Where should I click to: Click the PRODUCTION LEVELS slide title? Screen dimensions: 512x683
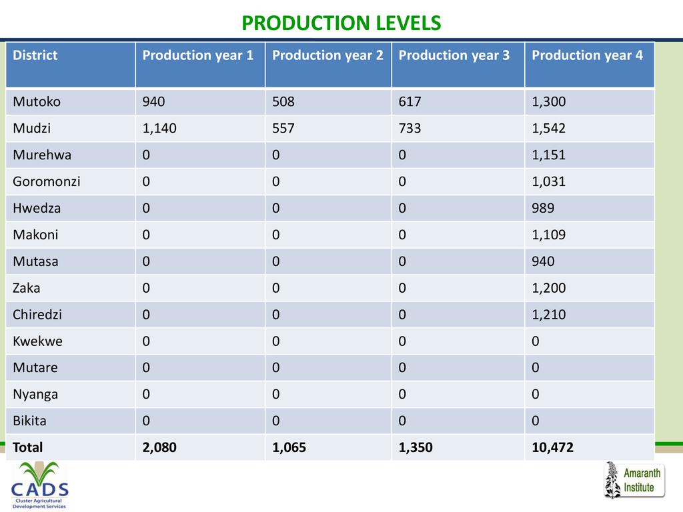[x=341, y=23]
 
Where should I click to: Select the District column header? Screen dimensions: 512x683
[x=35, y=55]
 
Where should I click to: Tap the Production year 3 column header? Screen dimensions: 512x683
[x=454, y=55]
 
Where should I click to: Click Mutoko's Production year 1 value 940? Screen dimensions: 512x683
[x=153, y=102]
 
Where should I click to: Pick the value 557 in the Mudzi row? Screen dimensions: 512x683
[x=283, y=129]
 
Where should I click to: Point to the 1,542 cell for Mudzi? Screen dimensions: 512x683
[x=548, y=129]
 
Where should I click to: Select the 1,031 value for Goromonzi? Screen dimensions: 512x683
[x=548, y=181]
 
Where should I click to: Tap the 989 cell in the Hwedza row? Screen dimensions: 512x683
[x=543, y=208]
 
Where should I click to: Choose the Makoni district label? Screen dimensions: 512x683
[x=35, y=235]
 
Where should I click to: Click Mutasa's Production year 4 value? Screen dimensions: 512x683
[x=543, y=261]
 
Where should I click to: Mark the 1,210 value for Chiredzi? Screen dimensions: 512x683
[x=548, y=314]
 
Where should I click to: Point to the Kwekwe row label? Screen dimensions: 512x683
[x=37, y=341]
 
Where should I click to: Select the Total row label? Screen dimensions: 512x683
[x=27, y=447]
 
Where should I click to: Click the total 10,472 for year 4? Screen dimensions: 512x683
[x=552, y=447]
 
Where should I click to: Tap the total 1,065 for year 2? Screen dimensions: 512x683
[x=289, y=447]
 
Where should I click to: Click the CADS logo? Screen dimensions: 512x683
[x=39, y=484]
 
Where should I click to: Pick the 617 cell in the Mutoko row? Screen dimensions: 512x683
[x=410, y=102]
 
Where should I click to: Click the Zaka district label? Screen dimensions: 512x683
[x=26, y=288]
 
